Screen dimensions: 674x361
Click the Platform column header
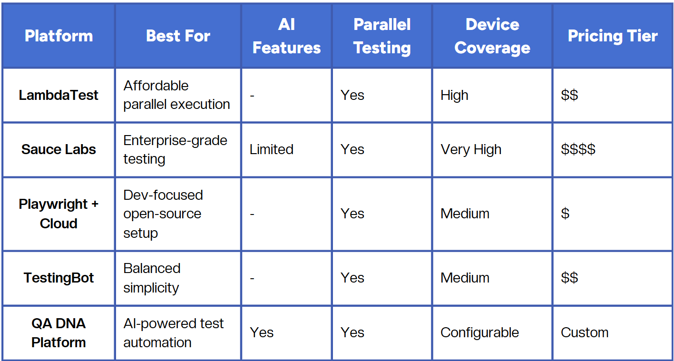(x=59, y=36)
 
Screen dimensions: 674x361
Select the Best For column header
(x=178, y=36)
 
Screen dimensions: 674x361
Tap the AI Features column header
(x=286, y=36)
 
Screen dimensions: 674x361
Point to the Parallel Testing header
(x=382, y=36)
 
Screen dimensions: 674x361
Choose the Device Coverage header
(x=492, y=36)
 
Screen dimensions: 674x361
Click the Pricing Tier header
(x=613, y=36)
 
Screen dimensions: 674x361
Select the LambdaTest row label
(x=59, y=95)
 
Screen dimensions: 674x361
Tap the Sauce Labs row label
(x=59, y=149)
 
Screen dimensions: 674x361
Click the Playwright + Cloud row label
(x=59, y=214)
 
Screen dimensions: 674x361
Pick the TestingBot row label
(x=59, y=278)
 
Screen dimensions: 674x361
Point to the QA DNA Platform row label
(x=59, y=332)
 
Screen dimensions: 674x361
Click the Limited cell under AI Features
(x=272, y=149)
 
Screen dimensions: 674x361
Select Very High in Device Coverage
(x=471, y=149)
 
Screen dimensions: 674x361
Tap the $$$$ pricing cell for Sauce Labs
(x=578, y=149)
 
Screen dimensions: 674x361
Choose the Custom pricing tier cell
(x=585, y=332)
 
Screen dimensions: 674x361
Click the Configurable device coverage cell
(x=479, y=332)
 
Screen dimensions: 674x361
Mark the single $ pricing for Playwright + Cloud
(x=565, y=214)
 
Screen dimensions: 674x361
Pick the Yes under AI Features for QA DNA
(x=262, y=332)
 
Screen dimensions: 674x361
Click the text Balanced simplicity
(x=152, y=278)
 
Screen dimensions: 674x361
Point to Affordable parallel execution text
(x=176, y=95)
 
